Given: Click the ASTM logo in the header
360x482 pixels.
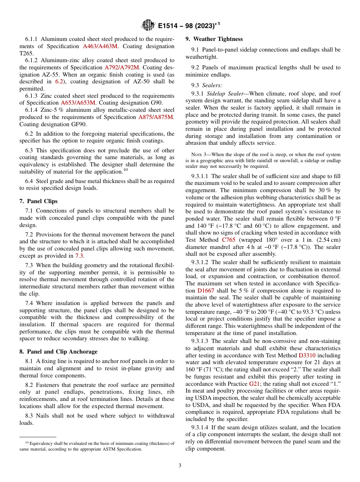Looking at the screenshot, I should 148,25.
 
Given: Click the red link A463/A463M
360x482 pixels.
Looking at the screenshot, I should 100,46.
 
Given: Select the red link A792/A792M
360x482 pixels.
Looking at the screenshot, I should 122,67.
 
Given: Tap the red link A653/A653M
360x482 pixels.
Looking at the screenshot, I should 78,103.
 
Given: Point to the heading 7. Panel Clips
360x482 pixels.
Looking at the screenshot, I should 38,201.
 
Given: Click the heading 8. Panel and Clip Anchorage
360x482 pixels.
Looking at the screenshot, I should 58,351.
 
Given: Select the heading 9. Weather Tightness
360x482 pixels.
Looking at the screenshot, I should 214,39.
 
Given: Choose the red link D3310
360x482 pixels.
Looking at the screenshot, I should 307,355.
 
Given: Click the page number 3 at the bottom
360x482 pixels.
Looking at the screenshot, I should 180,465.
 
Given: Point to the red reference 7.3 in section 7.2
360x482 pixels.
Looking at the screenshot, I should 79,256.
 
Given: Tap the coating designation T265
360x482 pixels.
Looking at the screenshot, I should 27,53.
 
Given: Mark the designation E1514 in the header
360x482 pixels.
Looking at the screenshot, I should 169,26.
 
